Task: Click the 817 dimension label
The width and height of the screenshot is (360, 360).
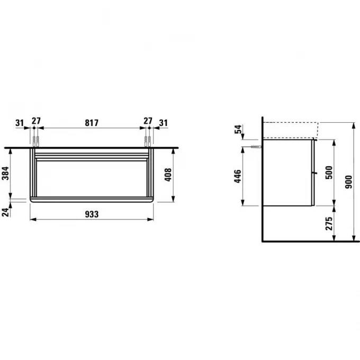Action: tap(92, 123)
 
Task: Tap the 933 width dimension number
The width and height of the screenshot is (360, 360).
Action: tap(92, 214)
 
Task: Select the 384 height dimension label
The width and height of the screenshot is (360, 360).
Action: tap(5, 173)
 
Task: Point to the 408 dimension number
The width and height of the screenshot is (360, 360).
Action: tap(168, 175)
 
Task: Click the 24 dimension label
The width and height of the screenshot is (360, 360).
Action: tap(5, 212)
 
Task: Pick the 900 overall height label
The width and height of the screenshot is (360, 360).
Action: tap(348, 182)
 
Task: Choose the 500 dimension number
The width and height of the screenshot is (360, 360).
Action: tap(329, 173)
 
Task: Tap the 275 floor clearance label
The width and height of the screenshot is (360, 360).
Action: tap(329, 223)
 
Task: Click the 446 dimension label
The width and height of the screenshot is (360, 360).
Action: tap(238, 176)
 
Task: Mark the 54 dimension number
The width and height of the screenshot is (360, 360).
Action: tap(238, 129)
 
